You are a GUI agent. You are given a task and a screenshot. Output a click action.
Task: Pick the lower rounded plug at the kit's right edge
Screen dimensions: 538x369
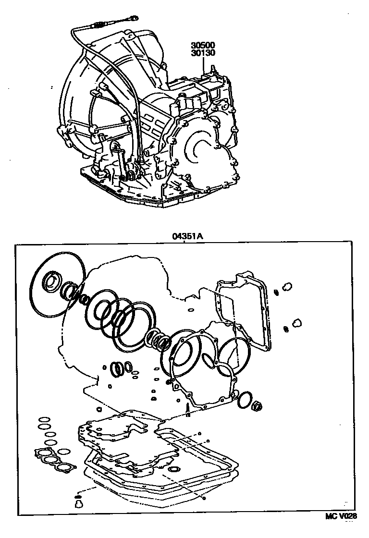(296, 321)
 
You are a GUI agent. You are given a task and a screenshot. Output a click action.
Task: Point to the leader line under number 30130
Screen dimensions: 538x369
(204, 65)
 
